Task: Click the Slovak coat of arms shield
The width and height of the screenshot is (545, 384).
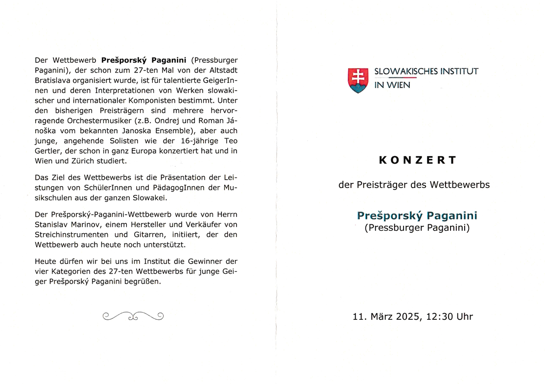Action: (x=358, y=80)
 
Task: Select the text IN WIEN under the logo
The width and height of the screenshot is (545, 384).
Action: (x=392, y=85)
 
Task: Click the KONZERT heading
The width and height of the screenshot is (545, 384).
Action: (x=418, y=160)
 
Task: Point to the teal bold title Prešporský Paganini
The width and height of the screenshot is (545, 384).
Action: (x=417, y=216)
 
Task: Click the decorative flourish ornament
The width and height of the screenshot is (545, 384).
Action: (x=133, y=316)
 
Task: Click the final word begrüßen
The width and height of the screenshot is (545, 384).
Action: (x=142, y=282)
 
